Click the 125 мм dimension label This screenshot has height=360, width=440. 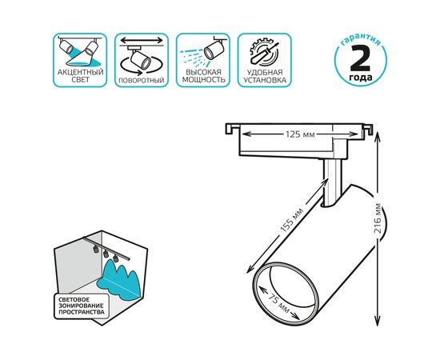click(300, 134)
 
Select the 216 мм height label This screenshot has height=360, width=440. click(378, 218)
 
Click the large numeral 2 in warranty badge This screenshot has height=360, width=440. click(360, 58)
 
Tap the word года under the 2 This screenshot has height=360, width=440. click(361, 78)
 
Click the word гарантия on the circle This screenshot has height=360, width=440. click(361, 41)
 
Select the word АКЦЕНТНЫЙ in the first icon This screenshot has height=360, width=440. click(81, 72)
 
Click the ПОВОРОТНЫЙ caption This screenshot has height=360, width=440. click(142, 80)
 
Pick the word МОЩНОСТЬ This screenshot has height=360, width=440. click(203, 80)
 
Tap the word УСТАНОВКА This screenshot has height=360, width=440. click(265, 80)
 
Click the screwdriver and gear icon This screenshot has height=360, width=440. click(264, 53)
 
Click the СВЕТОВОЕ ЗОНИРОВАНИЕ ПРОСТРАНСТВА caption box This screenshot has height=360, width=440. click(82, 306)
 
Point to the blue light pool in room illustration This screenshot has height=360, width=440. click(119, 278)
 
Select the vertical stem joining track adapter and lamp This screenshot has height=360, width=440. click(332, 182)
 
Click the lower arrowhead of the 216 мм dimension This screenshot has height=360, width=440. click(378, 321)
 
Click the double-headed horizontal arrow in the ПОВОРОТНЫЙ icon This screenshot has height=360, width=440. click(142, 41)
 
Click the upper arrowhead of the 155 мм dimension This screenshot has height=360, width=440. click(326, 181)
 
